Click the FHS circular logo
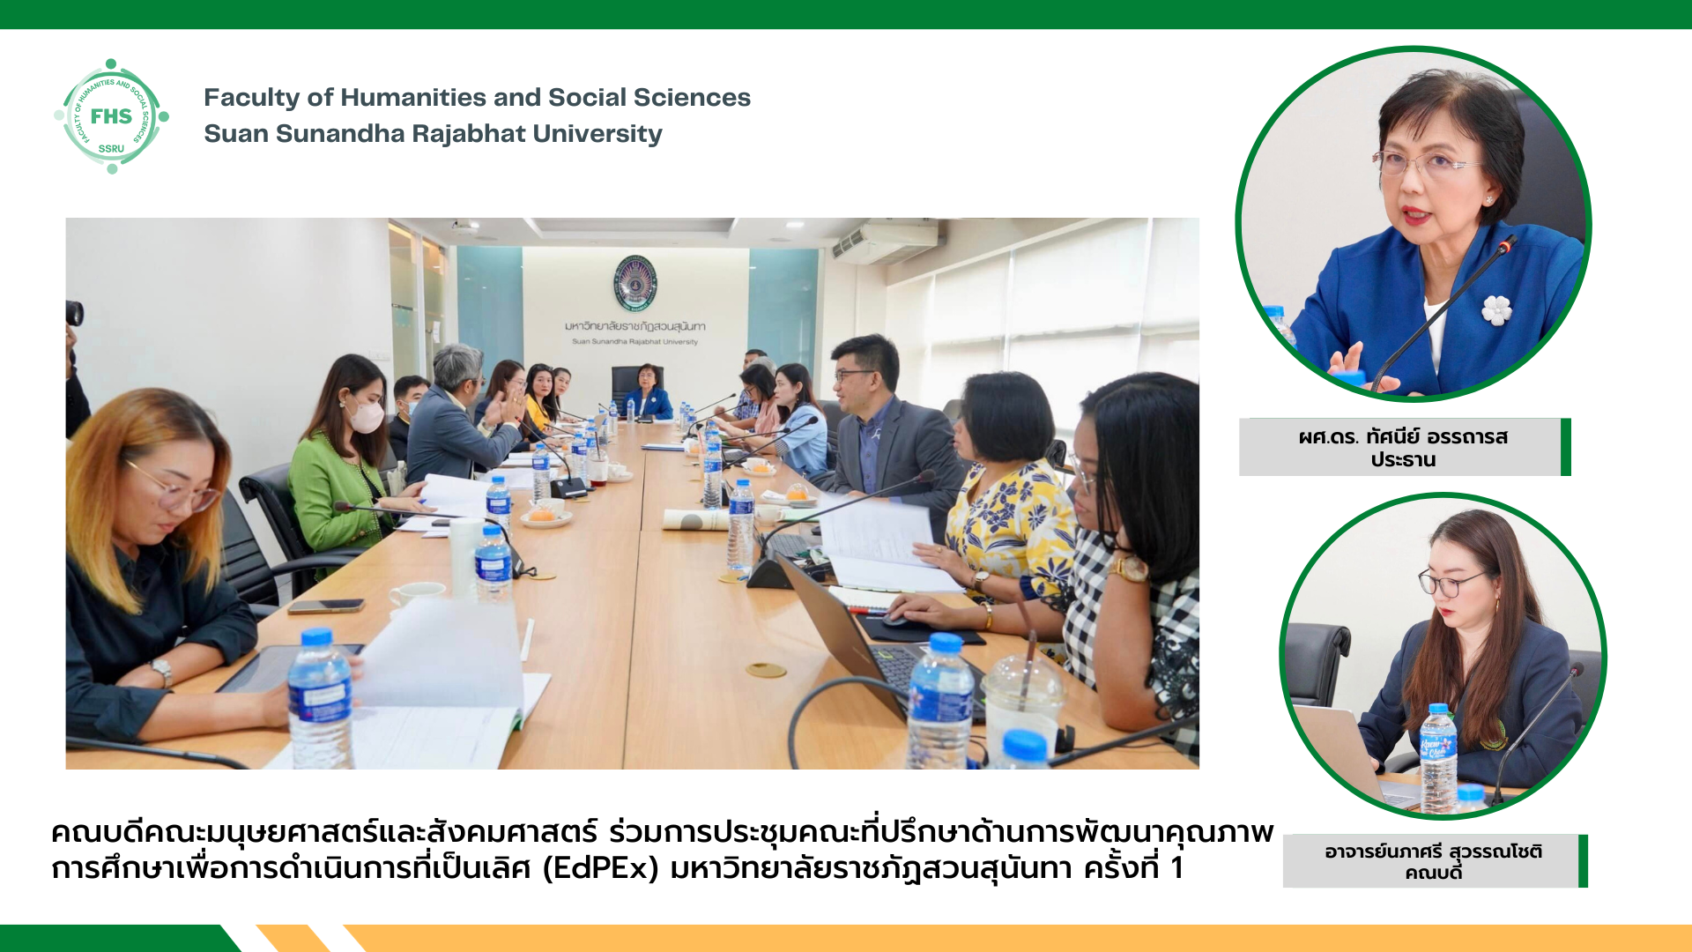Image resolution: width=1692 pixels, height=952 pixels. coord(111,116)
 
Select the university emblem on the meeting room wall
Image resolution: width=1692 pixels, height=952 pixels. coord(634,283)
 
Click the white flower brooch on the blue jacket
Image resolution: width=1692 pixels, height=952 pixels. coord(1496,309)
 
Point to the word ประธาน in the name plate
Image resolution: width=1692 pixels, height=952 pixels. coord(1403,459)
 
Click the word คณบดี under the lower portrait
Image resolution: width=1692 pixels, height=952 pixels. coord(1433,873)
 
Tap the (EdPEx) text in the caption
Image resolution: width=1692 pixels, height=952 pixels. coord(600,868)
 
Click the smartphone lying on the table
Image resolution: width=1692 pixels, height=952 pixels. coord(326,606)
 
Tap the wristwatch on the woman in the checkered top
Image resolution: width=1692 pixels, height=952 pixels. coord(1129,568)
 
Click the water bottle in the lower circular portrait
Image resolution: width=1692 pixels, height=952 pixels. coord(1438,758)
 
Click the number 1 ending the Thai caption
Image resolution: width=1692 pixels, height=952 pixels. coord(1176,868)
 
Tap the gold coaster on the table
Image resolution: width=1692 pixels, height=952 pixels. coord(766,671)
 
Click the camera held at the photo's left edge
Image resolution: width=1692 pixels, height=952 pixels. coord(75,313)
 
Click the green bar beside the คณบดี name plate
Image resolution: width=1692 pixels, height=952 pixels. coord(1583,860)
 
